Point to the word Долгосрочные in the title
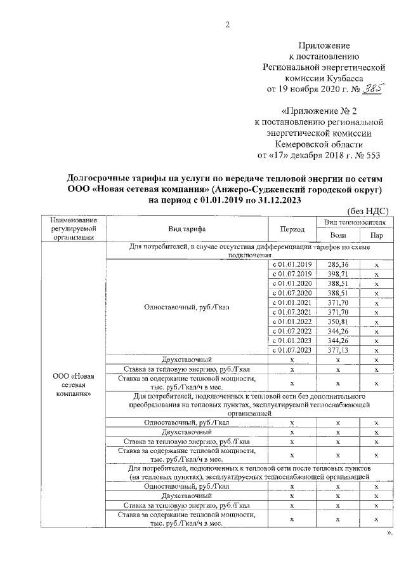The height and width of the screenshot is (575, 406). pos(103,177)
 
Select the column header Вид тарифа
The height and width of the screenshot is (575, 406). pos(186,229)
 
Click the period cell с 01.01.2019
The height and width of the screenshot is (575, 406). pos(292,264)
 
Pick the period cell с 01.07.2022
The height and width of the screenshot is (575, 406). pos(292,331)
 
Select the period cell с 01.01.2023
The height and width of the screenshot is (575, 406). pos(292,341)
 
